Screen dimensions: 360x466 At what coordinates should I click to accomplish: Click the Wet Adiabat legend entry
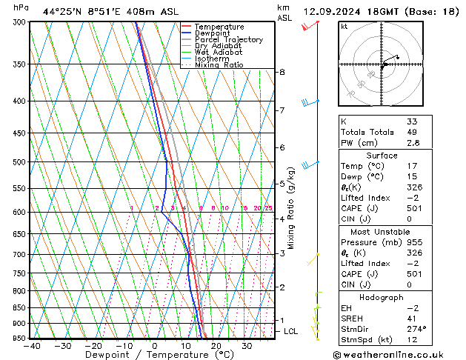coord(216,53)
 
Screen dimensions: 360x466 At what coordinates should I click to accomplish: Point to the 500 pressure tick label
coord(20,161)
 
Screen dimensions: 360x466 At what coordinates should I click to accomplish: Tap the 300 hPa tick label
coord(20,22)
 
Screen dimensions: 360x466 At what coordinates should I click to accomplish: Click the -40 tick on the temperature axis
coord(32,346)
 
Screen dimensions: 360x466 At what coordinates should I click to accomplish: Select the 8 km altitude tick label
coord(282,72)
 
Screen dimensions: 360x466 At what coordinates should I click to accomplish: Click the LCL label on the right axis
coord(290,331)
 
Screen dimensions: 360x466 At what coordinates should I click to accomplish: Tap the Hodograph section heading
coord(382,297)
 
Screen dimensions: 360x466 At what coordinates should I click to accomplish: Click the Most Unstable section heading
coord(382,232)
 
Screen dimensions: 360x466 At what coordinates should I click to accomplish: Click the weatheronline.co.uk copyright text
coord(398,353)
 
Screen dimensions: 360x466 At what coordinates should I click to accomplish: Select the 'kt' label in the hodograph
coord(344,26)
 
